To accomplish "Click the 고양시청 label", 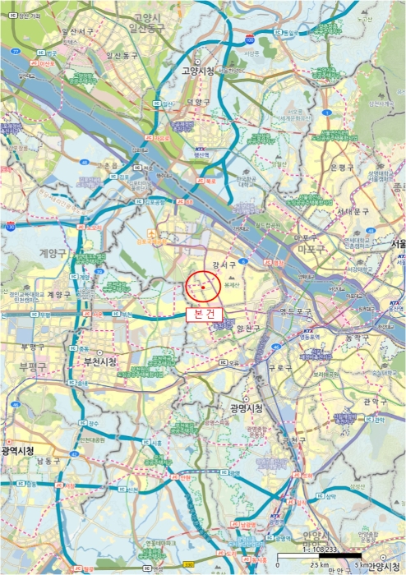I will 198,71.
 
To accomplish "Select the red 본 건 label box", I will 203,313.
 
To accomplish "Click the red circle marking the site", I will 202,286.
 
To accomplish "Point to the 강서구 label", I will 224,265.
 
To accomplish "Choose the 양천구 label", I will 248,328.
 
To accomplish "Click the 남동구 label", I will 48,461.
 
